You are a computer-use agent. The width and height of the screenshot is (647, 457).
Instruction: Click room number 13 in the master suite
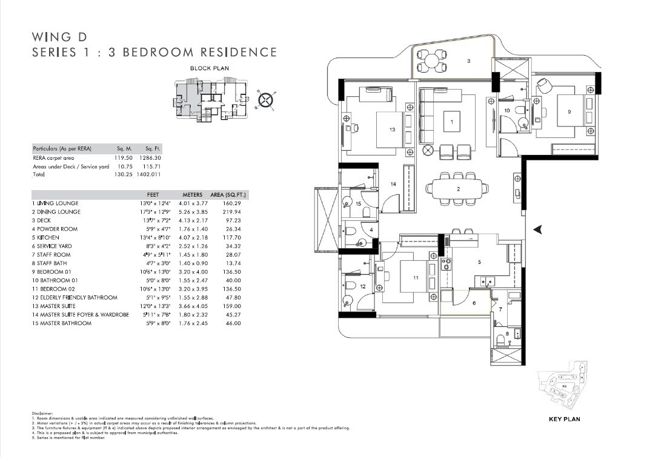393,130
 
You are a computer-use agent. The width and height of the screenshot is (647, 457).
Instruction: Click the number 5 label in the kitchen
479,262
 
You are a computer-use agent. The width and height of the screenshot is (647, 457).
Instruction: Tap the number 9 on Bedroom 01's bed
569,112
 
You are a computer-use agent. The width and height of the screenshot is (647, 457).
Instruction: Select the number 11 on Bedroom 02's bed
416,278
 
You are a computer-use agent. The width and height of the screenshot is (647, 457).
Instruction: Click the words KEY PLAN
564,419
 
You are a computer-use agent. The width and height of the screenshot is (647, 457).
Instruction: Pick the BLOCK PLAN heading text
209,68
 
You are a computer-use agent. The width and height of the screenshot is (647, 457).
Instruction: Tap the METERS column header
192,195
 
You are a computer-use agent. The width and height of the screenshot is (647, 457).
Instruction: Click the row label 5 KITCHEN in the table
45,238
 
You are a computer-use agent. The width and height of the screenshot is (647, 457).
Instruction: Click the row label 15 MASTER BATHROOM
61,323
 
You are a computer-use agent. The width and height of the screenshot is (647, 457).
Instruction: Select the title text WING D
56,36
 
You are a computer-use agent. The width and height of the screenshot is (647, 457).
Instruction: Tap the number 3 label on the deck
468,61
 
